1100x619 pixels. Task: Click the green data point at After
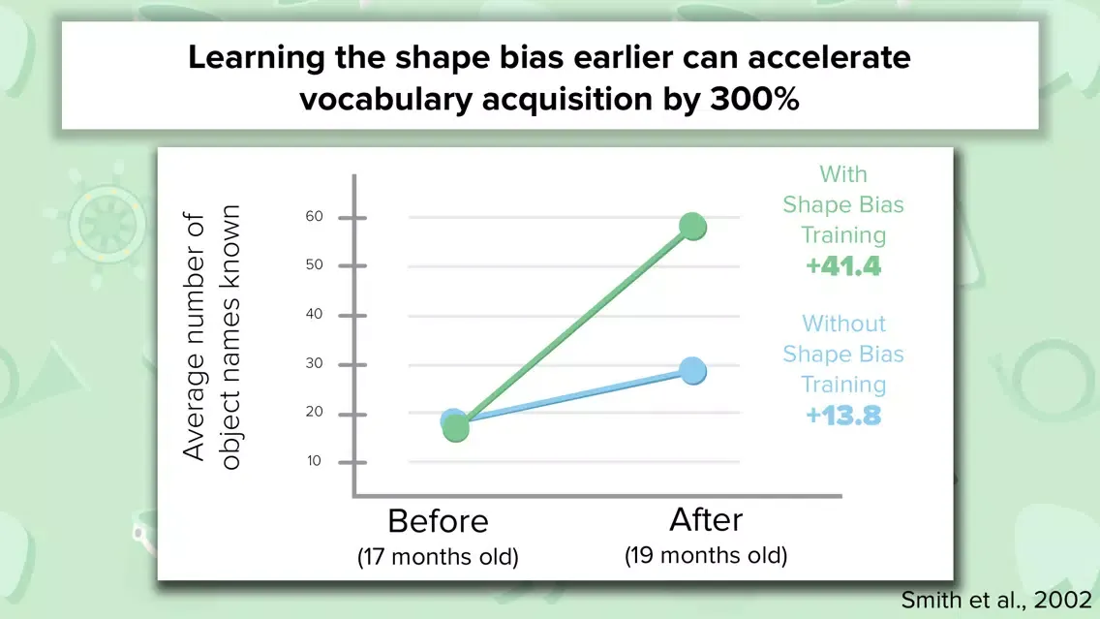click(692, 227)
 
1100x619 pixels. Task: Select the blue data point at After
click(692, 371)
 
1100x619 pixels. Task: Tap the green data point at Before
click(456, 428)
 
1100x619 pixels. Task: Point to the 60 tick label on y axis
click(315, 216)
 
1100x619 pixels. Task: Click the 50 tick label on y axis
click(315, 264)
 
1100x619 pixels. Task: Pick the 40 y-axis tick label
click(315, 314)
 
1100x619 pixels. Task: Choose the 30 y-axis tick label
click(315, 363)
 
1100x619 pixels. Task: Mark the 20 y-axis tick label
click(315, 412)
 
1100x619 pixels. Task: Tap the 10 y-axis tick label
click(314, 460)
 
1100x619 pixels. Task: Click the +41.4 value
click(843, 266)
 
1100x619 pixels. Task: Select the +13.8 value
click(843, 416)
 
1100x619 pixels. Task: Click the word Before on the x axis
click(438, 521)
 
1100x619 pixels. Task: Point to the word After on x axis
click(706, 520)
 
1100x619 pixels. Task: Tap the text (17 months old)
click(438, 557)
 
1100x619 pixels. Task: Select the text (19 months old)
click(706, 555)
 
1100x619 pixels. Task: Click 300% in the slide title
click(755, 99)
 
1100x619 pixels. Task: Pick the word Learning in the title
click(256, 58)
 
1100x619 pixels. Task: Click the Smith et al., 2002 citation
click(996, 600)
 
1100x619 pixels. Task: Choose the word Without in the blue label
click(844, 324)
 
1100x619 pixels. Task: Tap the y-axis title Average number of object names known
click(211, 337)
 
